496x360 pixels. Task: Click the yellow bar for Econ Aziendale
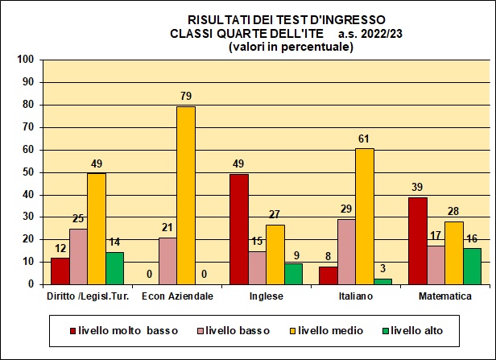[186, 196]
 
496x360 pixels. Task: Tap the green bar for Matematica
[472, 266]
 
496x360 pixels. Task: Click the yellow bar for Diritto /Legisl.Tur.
[97, 229]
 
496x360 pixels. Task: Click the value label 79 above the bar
[186, 97]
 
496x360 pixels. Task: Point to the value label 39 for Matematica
[417, 188]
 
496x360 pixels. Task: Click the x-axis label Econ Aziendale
[177, 296]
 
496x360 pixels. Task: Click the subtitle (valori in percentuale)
[291, 47]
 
